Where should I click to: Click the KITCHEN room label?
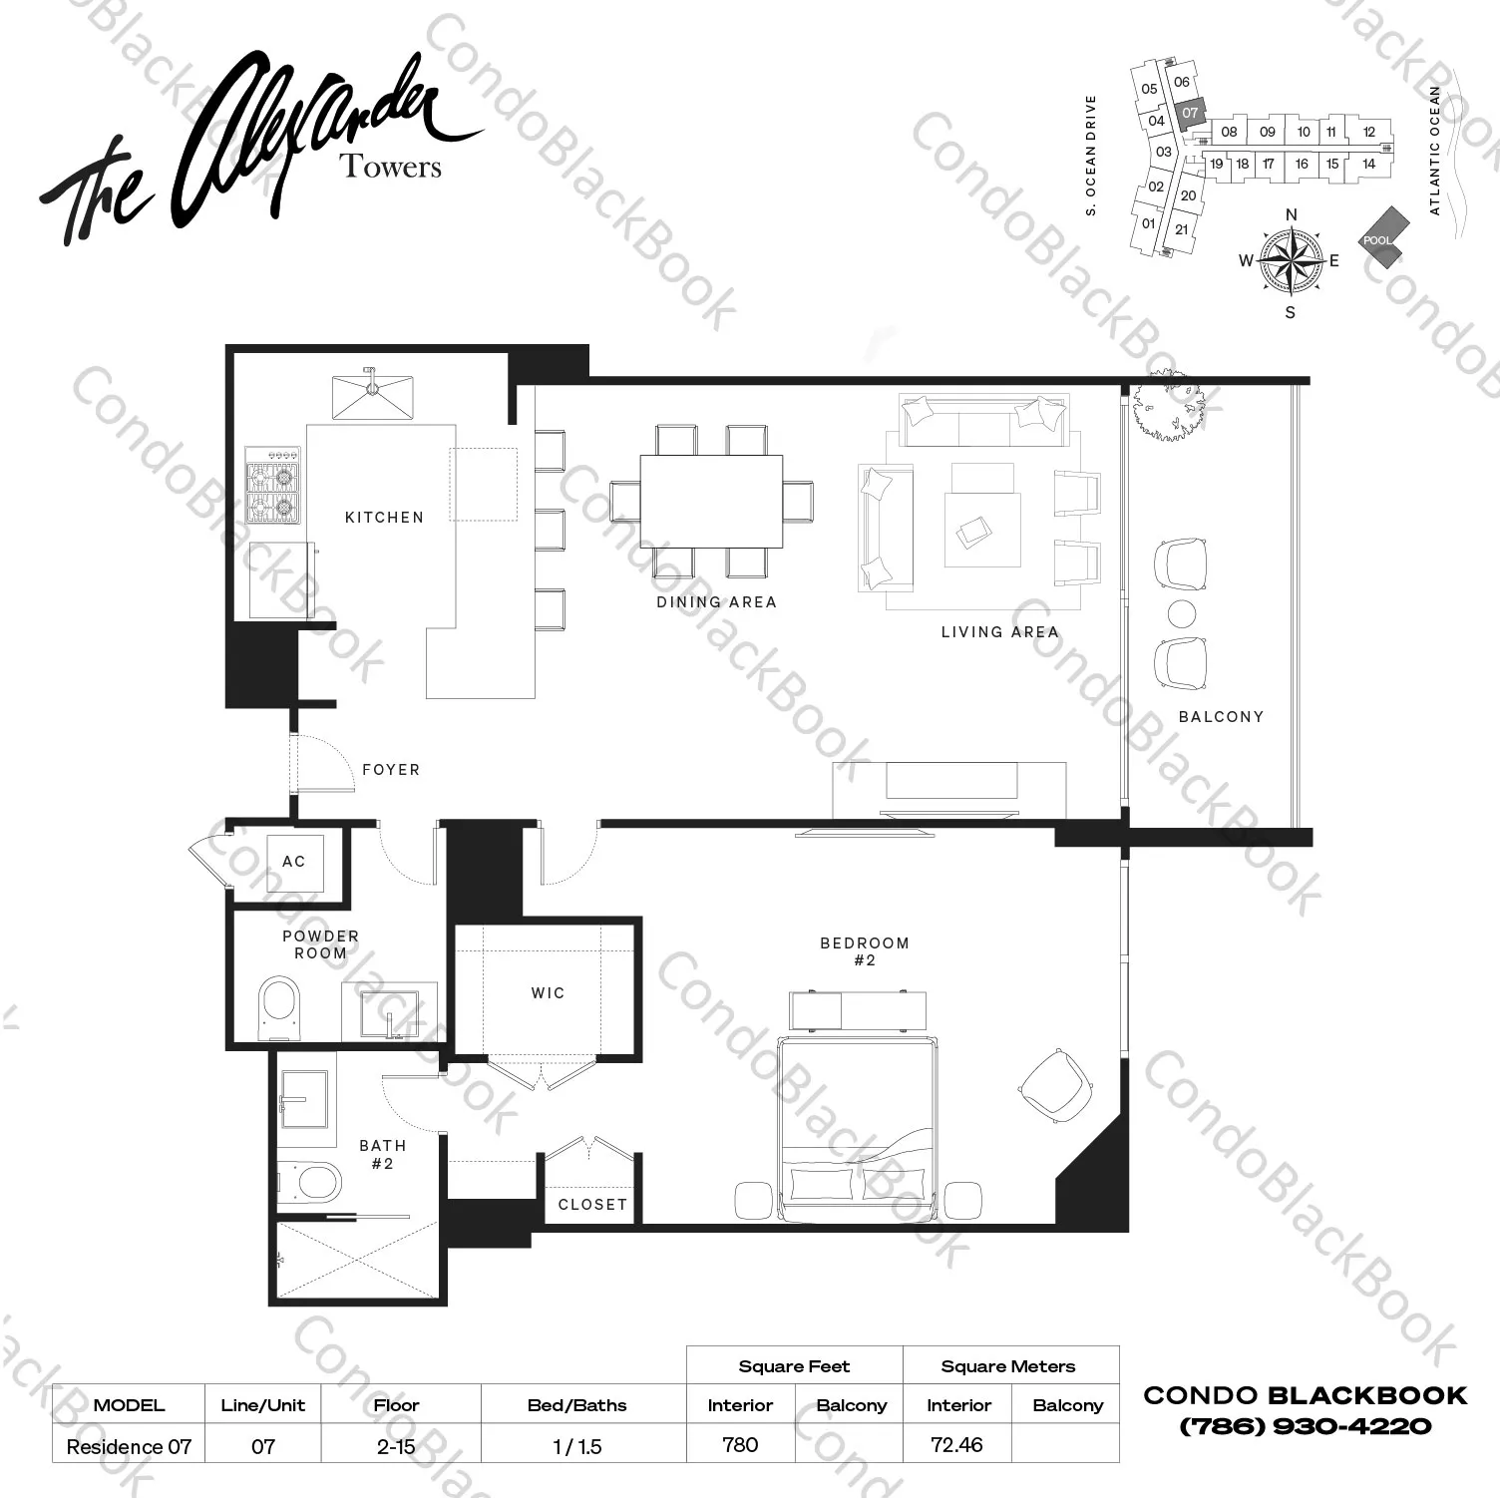click(384, 518)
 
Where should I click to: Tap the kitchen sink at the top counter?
click(373, 396)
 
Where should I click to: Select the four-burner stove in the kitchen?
click(273, 485)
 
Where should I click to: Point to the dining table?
click(711, 501)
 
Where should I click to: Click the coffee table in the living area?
click(982, 529)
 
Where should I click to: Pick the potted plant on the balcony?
click(1164, 404)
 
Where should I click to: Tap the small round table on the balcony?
click(1181, 614)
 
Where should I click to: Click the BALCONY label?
click(1221, 717)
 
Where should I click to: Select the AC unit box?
click(294, 862)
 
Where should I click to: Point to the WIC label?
click(548, 993)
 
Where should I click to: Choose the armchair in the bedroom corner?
click(1054, 1085)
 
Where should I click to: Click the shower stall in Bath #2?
click(356, 1260)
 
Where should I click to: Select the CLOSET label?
click(592, 1205)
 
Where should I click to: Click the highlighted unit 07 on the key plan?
click(1189, 114)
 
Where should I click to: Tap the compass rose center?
click(1291, 260)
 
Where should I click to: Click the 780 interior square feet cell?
click(740, 1444)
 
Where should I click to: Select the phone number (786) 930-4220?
click(1305, 1427)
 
